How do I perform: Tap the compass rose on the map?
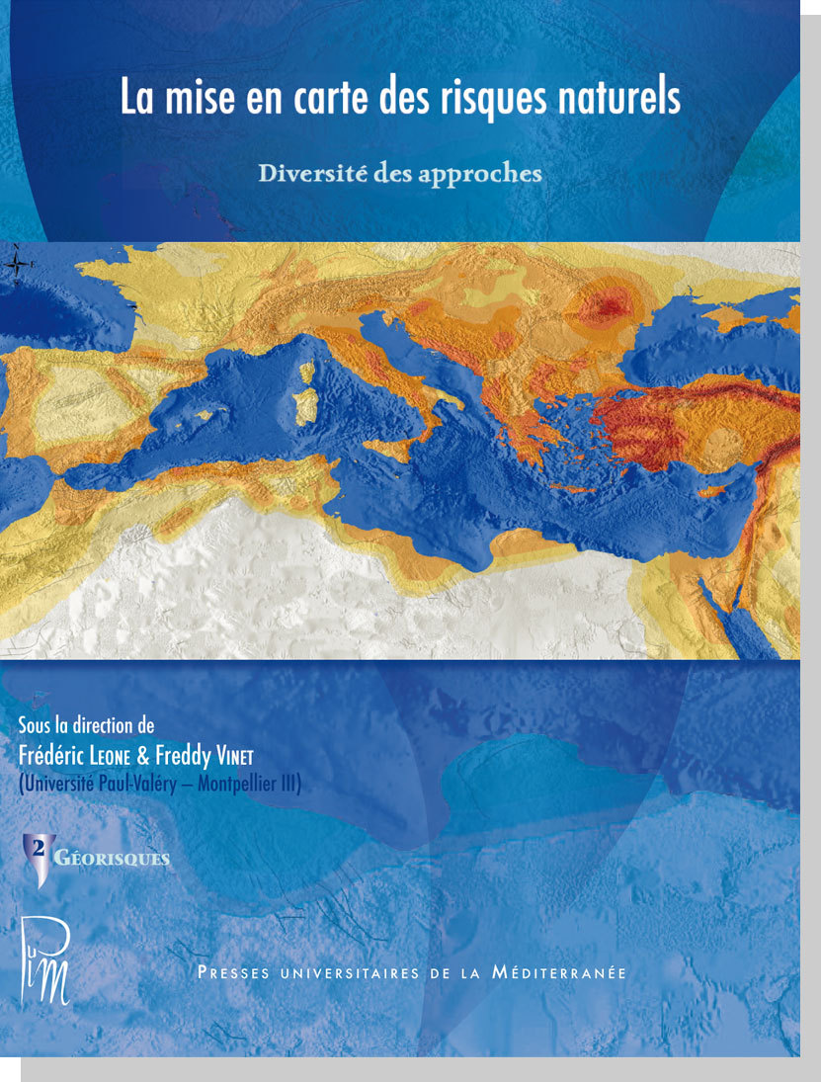tap(17, 264)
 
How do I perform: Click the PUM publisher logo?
tap(46, 959)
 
